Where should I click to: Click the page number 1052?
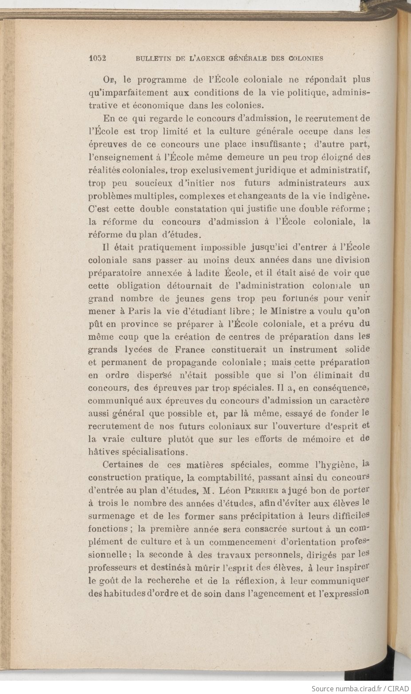(98, 58)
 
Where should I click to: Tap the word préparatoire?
(115, 273)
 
